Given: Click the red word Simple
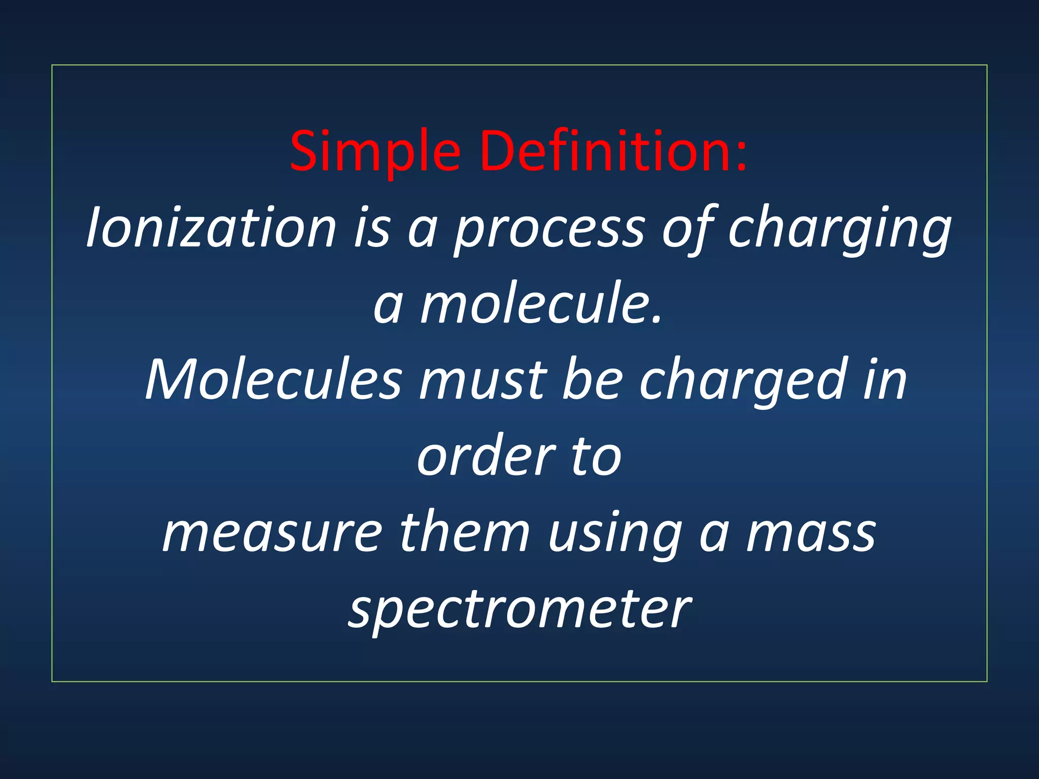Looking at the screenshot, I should click(x=375, y=151).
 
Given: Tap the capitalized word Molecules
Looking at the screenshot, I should click(x=273, y=379).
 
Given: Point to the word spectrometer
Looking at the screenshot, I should click(x=519, y=609).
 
